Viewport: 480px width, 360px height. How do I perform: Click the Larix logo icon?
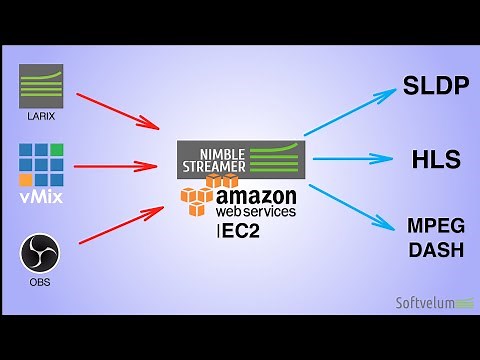(41, 85)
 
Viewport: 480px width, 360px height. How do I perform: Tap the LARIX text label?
(41, 116)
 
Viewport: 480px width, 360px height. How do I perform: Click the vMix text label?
(41, 197)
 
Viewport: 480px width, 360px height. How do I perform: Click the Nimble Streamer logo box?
(240, 157)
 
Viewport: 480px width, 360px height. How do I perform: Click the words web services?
(256, 212)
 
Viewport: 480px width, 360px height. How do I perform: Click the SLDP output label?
(436, 85)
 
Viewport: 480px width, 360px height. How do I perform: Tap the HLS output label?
(436, 159)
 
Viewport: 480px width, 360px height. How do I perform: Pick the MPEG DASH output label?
(436, 237)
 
